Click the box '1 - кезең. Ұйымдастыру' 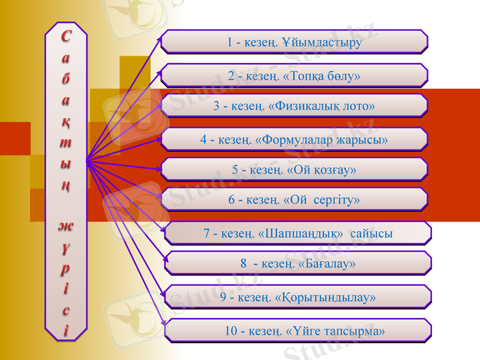tap(294, 42)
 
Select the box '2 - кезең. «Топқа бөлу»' tap(294, 76)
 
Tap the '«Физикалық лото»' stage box tap(294, 106)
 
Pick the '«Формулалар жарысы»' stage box tap(294, 140)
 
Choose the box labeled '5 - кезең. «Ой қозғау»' tap(294, 170)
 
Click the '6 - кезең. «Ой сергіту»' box tap(294, 200)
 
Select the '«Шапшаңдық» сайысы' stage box tap(298, 233)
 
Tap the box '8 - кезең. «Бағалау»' tap(298, 263)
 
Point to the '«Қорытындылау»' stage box tap(298, 297)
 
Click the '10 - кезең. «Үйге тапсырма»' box tap(298, 331)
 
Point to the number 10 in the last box tap(231, 331)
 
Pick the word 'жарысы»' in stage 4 tap(366, 140)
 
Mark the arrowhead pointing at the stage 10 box tap(163, 325)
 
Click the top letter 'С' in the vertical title tap(65, 37)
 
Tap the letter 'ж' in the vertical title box tap(65, 226)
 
